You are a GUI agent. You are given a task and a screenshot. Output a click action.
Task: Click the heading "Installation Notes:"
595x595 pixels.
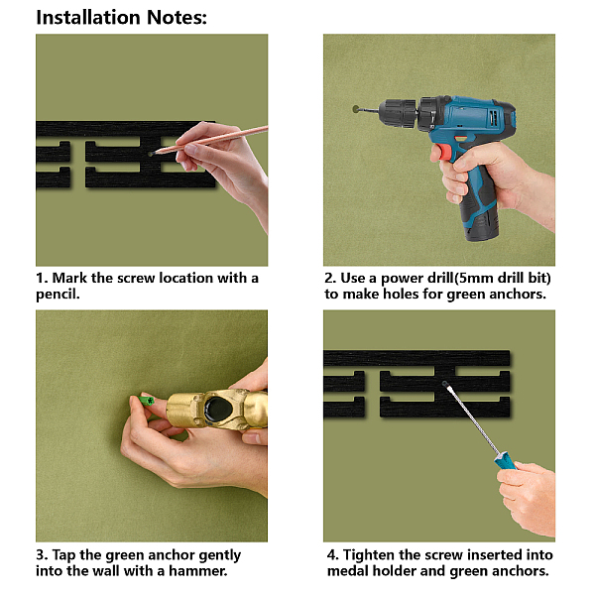121,18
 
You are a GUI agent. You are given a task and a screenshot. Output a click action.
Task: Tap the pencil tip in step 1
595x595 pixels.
151,154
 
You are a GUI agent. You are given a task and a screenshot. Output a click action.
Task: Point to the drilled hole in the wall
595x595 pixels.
356,109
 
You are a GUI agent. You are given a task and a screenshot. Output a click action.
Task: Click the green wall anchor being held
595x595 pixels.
147,401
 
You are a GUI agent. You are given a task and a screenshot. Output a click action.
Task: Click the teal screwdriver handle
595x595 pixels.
505,460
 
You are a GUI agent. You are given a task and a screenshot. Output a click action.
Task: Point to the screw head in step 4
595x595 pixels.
444,384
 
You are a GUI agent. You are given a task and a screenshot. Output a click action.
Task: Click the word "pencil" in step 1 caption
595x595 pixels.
57,295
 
